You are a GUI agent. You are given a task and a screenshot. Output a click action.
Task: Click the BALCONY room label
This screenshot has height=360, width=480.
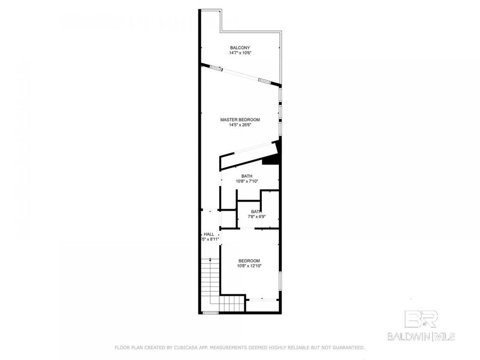click(x=239, y=47)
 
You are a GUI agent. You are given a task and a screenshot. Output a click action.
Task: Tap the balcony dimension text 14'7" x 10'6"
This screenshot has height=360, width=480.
click(x=239, y=53)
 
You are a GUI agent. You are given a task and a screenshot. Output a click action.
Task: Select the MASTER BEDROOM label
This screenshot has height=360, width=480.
click(x=239, y=119)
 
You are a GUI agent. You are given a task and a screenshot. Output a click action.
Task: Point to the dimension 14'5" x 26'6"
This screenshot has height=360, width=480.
click(x=239, y=125)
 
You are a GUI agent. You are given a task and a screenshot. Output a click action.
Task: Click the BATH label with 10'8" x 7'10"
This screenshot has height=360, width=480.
click(x=246, y=176)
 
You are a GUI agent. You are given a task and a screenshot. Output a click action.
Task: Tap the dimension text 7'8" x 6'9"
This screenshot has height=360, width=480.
click(x=254, y=217)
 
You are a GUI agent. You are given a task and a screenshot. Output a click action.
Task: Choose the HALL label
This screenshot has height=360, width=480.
click(x=209, y=234)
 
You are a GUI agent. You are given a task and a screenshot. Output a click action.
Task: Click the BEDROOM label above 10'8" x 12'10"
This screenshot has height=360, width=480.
click(x=249, y=260)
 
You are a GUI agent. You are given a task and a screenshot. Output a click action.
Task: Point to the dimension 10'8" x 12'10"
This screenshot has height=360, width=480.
click(x=249, y=266)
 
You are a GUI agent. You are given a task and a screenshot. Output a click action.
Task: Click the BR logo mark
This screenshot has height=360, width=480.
click(x=421, y=319)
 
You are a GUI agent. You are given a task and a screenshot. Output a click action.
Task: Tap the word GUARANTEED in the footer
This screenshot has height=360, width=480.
click(x=346, y=348)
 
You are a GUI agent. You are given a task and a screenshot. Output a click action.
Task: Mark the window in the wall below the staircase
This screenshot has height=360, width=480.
click(x=211, y=313)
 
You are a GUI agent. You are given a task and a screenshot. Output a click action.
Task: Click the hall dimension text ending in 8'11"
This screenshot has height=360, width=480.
click(x=210, y=239)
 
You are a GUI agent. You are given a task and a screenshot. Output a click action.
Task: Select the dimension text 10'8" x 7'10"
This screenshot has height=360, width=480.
click(x=246, y=181)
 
